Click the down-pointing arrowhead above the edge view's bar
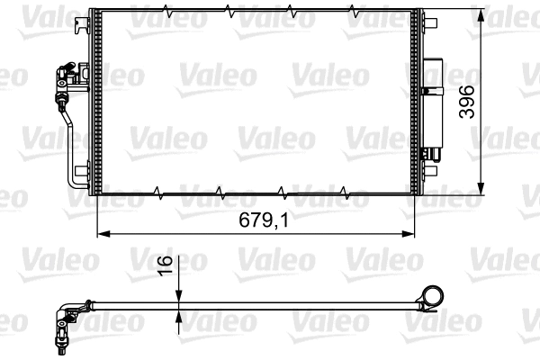(x=180, y=300)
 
